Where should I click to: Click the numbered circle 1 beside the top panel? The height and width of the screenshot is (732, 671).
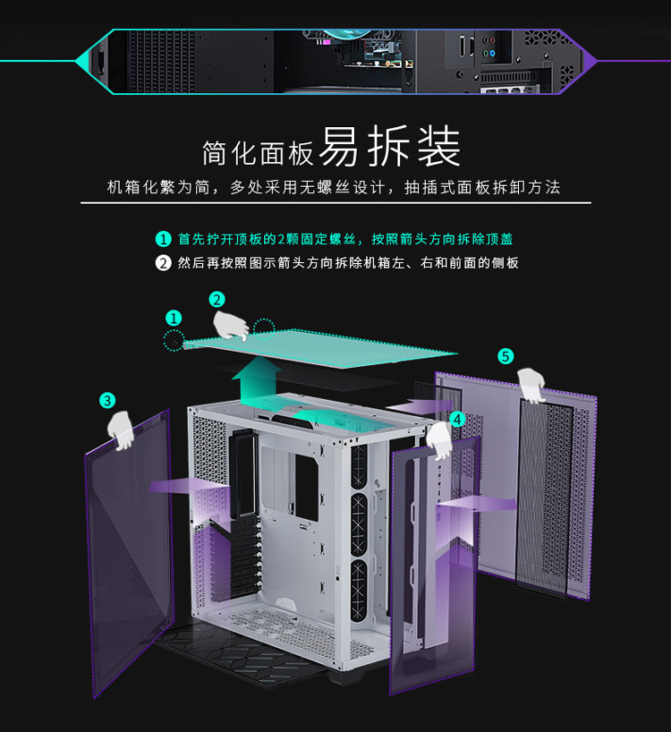point(174,317)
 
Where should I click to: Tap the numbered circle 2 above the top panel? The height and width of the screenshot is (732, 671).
point(217,299)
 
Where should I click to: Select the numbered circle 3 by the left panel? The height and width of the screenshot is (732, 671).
point(107,400)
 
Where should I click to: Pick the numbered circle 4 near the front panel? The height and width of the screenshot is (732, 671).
point(457,418)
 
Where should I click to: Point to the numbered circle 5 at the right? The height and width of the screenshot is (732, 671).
point(505,356)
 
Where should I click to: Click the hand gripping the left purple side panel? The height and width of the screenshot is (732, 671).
point(121,430)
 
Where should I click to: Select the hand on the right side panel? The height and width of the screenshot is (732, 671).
point(534,385)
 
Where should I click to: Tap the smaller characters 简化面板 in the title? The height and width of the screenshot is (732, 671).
point(258,153)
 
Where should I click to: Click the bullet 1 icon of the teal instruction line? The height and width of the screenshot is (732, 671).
point(163,239)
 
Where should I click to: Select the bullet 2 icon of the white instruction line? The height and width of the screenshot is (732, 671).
point(163,263)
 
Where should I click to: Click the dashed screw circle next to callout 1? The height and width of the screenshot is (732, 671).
point(174,340)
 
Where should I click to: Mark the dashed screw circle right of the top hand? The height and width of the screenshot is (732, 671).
point(264,328)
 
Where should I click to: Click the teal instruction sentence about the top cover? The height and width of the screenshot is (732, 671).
point(345,239)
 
